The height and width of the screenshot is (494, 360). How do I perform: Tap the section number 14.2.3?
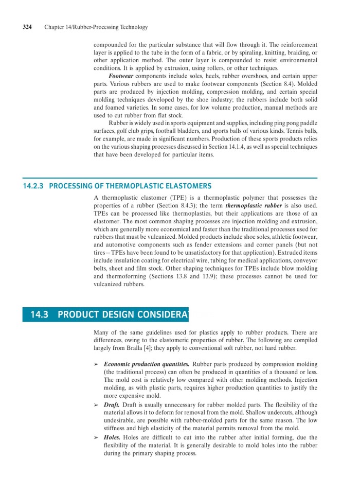(32, 186)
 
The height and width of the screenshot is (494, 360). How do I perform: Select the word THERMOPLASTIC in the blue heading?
(132, 186)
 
